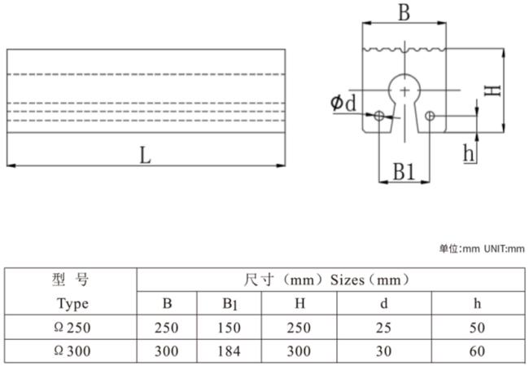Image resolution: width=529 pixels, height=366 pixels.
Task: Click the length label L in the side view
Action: tap(145, 156)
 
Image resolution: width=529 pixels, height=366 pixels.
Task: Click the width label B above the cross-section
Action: tap(404, 12)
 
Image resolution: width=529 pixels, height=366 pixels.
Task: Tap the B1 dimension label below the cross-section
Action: tap(404, 171)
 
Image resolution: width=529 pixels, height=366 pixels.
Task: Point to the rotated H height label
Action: tap(492, 90)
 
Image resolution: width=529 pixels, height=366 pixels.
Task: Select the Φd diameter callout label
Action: tap(343, 103)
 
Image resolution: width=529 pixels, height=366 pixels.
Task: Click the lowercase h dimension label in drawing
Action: tap(469, 152)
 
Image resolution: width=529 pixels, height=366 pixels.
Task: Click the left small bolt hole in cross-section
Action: tap(379, 116)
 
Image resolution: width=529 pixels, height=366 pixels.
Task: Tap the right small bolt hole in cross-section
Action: tap(430, 116)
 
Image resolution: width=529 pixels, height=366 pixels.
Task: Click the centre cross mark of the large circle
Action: tap(404, 90)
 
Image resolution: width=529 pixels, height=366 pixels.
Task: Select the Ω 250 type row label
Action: tap(72, 327)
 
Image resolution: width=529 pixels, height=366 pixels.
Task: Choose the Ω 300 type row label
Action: tap(72, 351)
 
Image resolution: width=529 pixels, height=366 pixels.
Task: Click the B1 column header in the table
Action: tap(230, 303)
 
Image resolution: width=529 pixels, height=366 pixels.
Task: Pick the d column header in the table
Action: tap(384, 303)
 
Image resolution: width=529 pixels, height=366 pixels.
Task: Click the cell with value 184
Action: tap(229, 351)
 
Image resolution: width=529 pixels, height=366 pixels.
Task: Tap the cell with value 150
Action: tap(229, 328)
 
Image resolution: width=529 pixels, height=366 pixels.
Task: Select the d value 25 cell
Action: tap(383, 328)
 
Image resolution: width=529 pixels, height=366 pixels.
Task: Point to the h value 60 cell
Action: tap(477, 351)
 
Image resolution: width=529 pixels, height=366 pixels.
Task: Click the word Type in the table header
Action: tap(73, 304)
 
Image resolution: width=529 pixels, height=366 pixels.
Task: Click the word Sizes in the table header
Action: tap(348, 280)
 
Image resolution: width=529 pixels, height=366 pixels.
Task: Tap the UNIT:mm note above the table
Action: tap(505, 249)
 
